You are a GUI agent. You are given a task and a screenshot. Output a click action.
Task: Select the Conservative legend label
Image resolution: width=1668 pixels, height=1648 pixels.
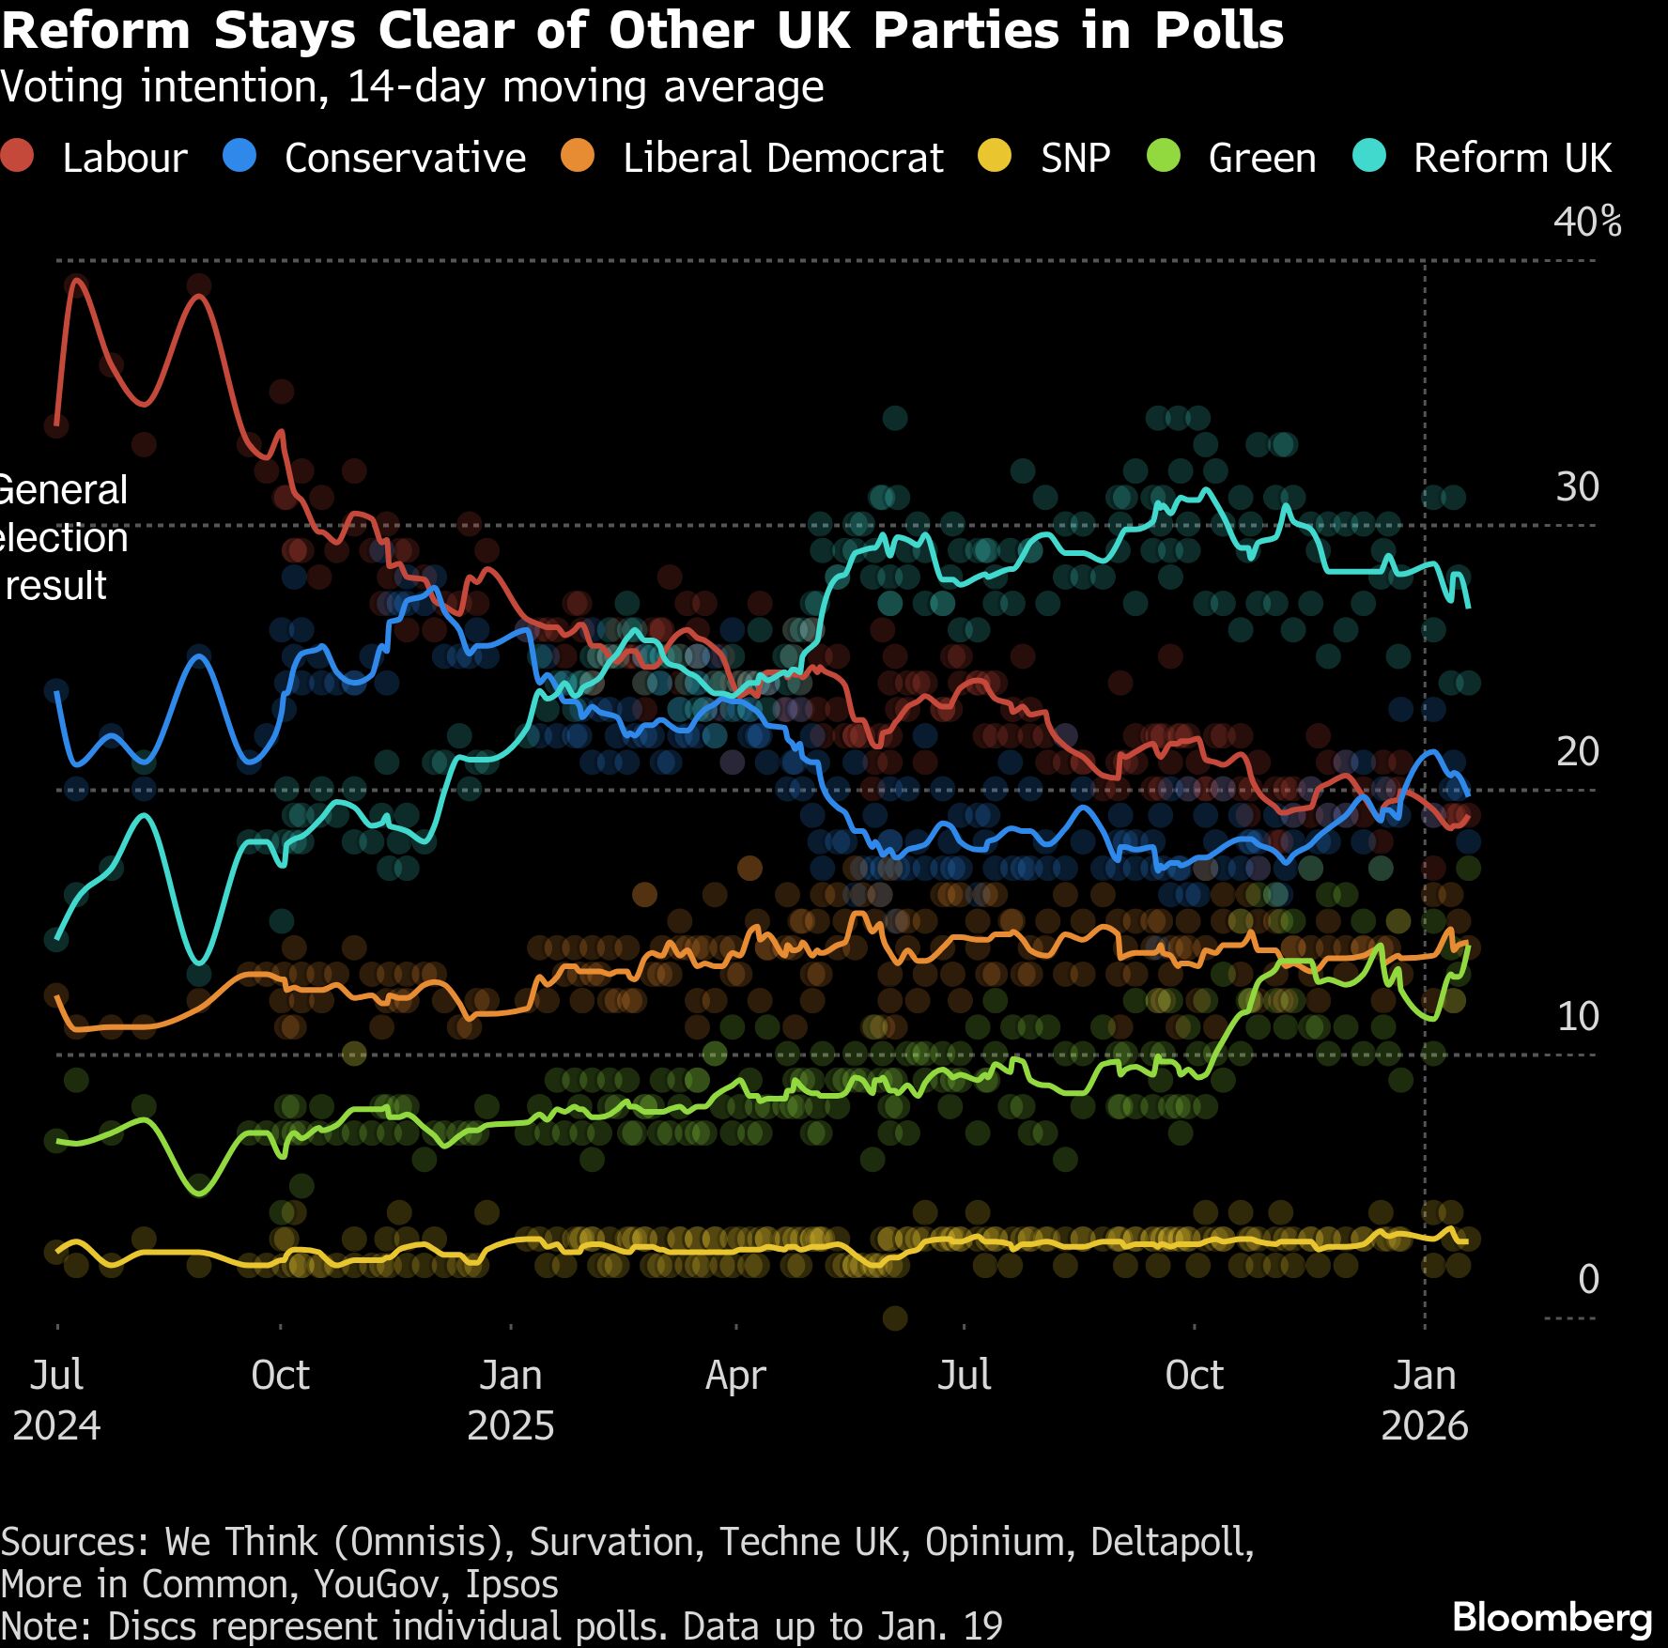pyautogui.click(x=405, y=158)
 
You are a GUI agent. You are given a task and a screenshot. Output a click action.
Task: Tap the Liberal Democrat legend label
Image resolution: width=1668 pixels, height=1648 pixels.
pyautogui.click(x=782, y=158)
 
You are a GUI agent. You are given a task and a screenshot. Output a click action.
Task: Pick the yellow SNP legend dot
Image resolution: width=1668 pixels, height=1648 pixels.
pyautogui.click(x=995, y=156)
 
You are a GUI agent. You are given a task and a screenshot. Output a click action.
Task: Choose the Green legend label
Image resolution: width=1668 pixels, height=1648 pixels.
pyautogui.click(x=1261, y=158)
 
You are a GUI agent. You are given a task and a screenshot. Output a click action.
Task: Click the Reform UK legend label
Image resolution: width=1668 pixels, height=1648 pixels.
pyautogui.click(x=1512, y=158)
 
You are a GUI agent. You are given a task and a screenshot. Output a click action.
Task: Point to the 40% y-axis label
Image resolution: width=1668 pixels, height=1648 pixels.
pyautogui.click(x=1586, y=222)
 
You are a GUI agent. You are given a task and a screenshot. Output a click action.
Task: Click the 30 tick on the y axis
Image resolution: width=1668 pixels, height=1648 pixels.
pyautogui.click(x=1577, y=486)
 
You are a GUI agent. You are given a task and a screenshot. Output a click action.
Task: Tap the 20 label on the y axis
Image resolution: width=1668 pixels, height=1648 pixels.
pyautogui.click(x=1577, y=751)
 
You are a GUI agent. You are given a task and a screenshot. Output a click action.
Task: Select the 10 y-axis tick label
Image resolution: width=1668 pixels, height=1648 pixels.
pyautogui.click(x=1577, y=1016)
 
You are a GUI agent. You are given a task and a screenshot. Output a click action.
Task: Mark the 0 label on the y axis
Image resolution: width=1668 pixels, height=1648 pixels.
pyautogui.click(x=1588, y=1279)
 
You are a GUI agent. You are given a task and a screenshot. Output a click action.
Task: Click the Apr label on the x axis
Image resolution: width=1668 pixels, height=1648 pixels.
pyautogui.click(x=735, y=1376)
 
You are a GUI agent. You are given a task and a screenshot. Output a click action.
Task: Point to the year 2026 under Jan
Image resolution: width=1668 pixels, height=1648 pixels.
pyautogui.click(x=1424, y=1425)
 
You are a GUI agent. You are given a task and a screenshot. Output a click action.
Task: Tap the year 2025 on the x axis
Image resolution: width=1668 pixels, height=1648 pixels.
pyautogui.click(x=510, y=1425)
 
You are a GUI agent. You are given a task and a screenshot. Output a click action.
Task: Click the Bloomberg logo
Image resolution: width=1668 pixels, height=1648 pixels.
pyautogui.click(x=1552, y=1617)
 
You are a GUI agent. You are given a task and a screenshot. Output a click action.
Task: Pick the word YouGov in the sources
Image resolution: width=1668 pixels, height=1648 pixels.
pyautogui.click(x=377, y=1584)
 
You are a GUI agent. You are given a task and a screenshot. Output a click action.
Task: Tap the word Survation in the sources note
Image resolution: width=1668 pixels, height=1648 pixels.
pyautogui.click(x=616, y=1542)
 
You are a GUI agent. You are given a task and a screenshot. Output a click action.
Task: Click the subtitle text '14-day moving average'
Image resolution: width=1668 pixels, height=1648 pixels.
pyautogui.click(x=585, y=86)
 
